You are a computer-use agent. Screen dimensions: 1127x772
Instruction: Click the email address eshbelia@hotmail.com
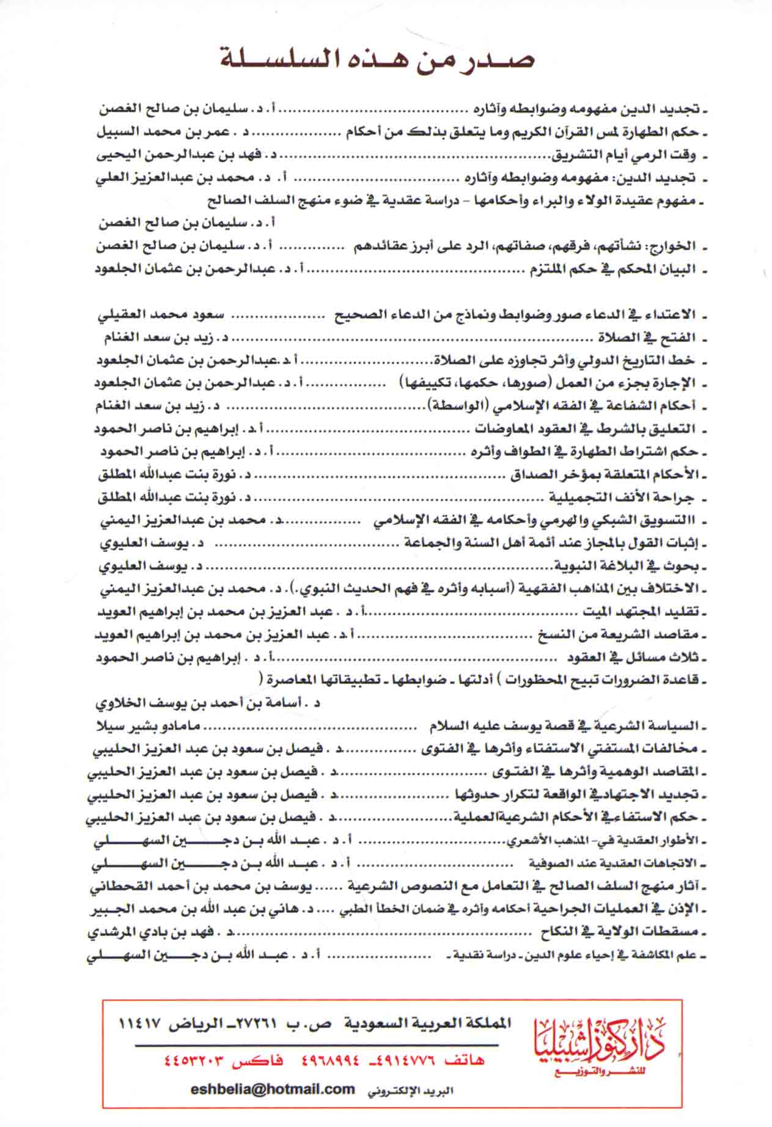point(273,1088)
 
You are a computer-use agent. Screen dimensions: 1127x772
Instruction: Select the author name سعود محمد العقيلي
point(161,315)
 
